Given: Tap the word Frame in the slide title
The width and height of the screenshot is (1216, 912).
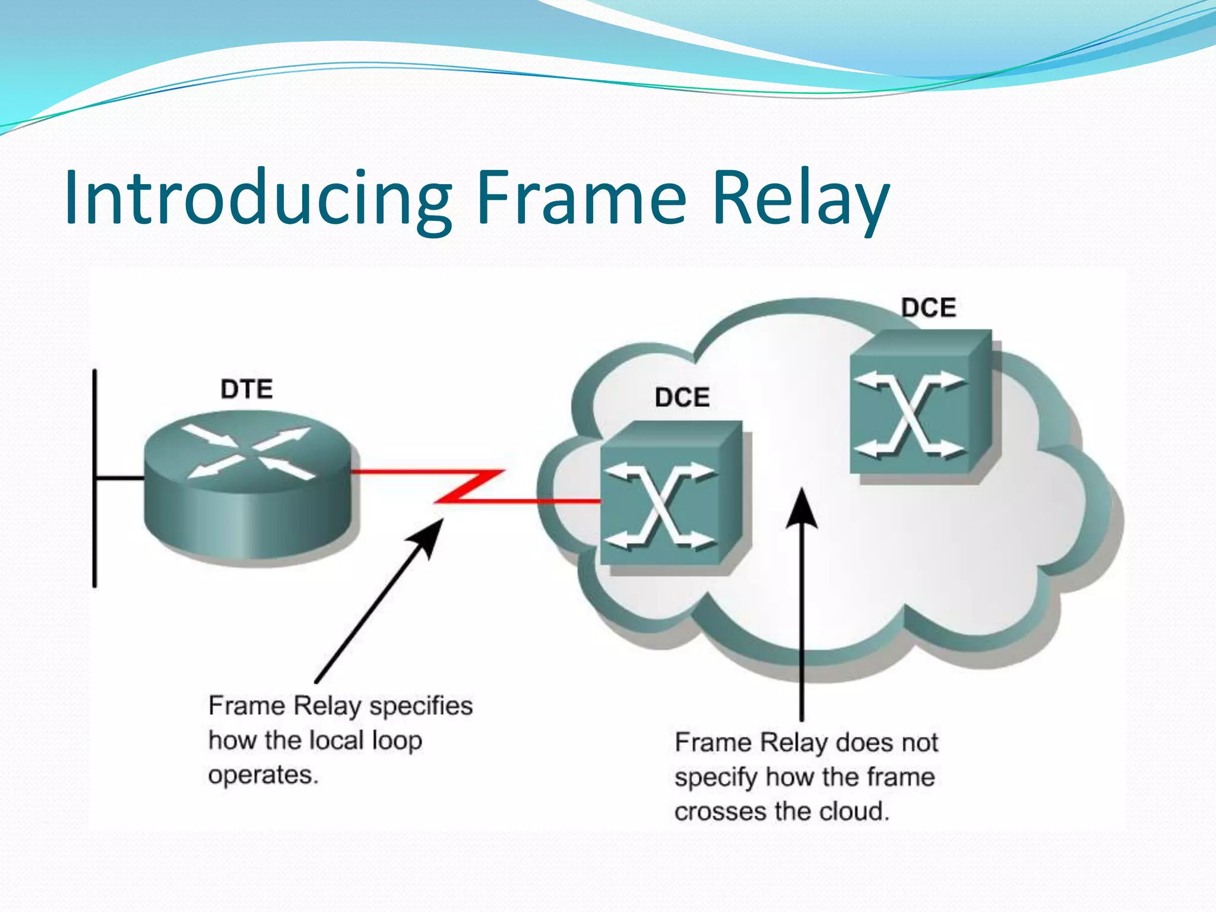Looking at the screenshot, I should click(581, 198).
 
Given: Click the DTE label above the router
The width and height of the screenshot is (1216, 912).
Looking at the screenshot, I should click(246, 389).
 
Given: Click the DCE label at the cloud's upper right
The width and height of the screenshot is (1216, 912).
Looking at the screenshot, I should click(929, 308).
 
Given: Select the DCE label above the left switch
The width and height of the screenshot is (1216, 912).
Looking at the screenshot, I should click(682, 397).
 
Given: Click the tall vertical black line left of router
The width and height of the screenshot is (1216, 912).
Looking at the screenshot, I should click(95, 478).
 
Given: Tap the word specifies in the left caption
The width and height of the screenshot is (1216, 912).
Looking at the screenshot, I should click(421, 707).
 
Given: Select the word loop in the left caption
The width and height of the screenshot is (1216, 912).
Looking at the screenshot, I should click(397, 741).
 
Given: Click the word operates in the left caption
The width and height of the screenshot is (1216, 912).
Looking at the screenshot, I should click(263, 775).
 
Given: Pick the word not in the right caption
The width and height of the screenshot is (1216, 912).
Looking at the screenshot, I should click(919, 743).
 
